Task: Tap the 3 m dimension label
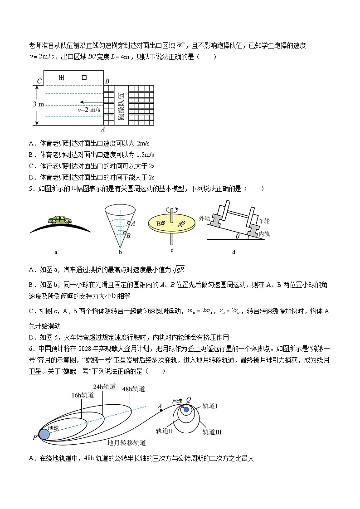tap(39, 104)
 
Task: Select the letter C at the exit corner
tap(39, 82)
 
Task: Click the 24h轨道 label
tap(104, 387)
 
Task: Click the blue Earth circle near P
tap(44, 434)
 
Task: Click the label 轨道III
tap(212, 432)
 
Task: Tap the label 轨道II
tap(165, 431)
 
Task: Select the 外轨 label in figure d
tap(205, 218)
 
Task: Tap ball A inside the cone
tap(129, 223)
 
